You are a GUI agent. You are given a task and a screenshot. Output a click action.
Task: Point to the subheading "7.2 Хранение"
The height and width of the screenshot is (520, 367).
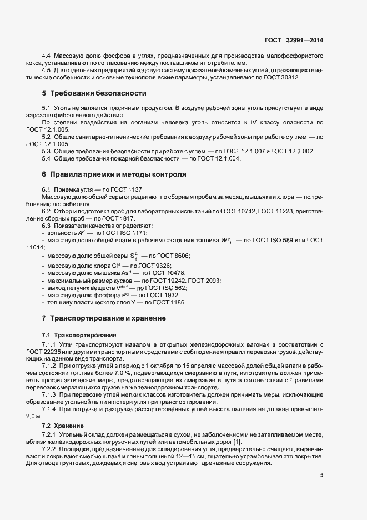(x=62, y=425)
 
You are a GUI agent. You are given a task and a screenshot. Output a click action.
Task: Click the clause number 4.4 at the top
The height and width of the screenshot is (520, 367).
(x=47, y=56)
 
